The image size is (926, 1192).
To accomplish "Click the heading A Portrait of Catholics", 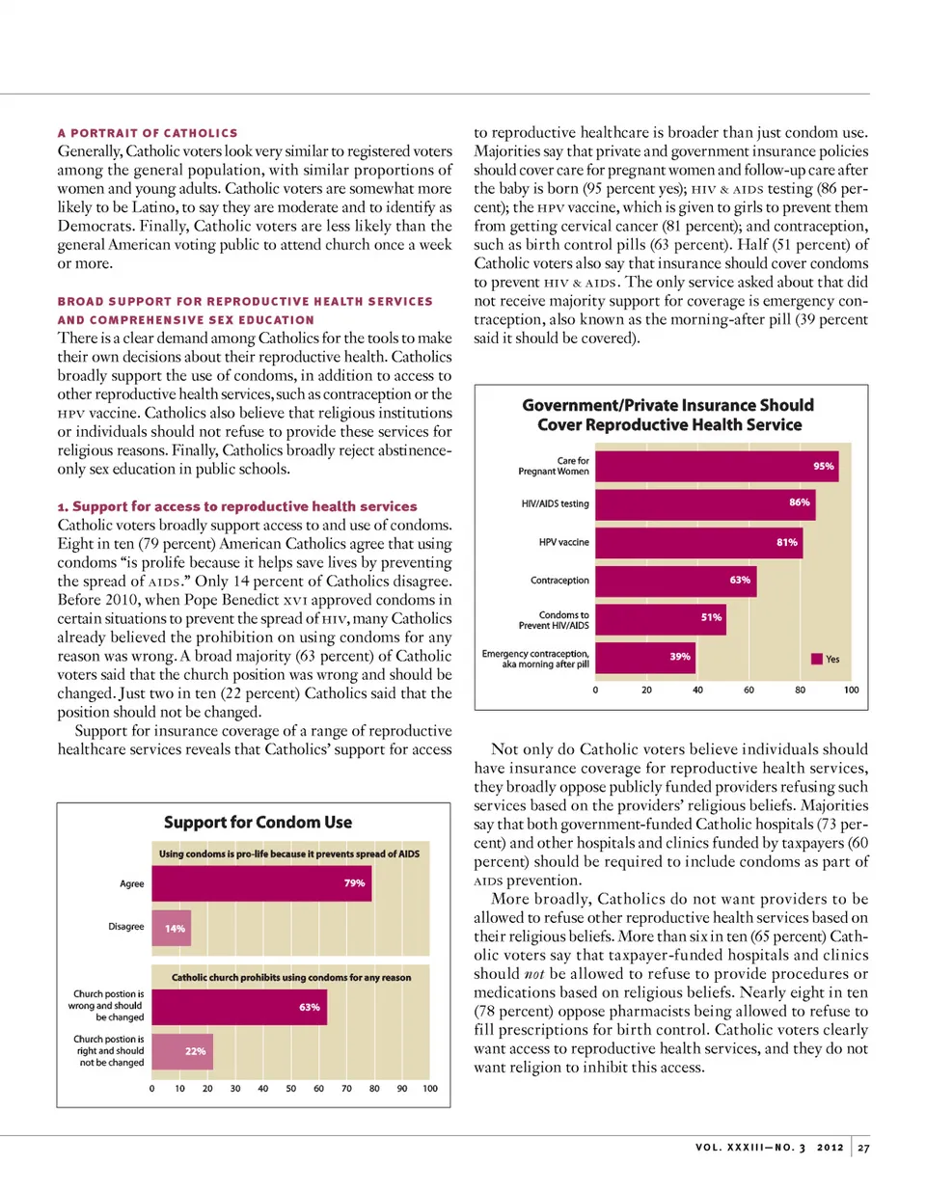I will click(x=147, y=133).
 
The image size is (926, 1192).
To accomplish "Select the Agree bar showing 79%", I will click(x=261, y=883).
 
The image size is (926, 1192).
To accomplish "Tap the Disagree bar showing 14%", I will click(x=172, y=928).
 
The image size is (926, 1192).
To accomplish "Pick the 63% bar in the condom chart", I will click(x=239, y=1007).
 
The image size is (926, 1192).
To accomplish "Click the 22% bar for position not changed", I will click(x=182, y=1051).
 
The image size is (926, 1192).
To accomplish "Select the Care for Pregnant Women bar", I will click(x=717, y=466).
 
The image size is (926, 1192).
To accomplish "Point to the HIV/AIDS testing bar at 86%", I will click(x=705, y=502).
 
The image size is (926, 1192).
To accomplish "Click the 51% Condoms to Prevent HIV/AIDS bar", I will click(x=660, y=618).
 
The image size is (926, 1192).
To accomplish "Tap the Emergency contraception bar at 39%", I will click(x=645, y=657).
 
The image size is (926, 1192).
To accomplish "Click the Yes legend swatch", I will click(x=816, y=660).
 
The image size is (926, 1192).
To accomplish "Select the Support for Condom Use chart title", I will click(x=258, y=823).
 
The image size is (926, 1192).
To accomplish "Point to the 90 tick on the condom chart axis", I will click(x=402, y=1089).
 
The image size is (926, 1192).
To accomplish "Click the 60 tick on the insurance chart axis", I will click(x=749, y=691).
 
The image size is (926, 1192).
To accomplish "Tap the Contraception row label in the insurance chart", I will click(x=559, y=581).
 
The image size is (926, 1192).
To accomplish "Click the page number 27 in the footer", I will click(x=863, y=1148).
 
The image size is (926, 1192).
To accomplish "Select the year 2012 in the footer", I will click(x=830, y=1148).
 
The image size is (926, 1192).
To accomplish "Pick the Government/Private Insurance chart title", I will click(x=668, y=415).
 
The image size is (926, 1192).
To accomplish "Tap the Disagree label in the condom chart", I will click(x=125, y=927).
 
